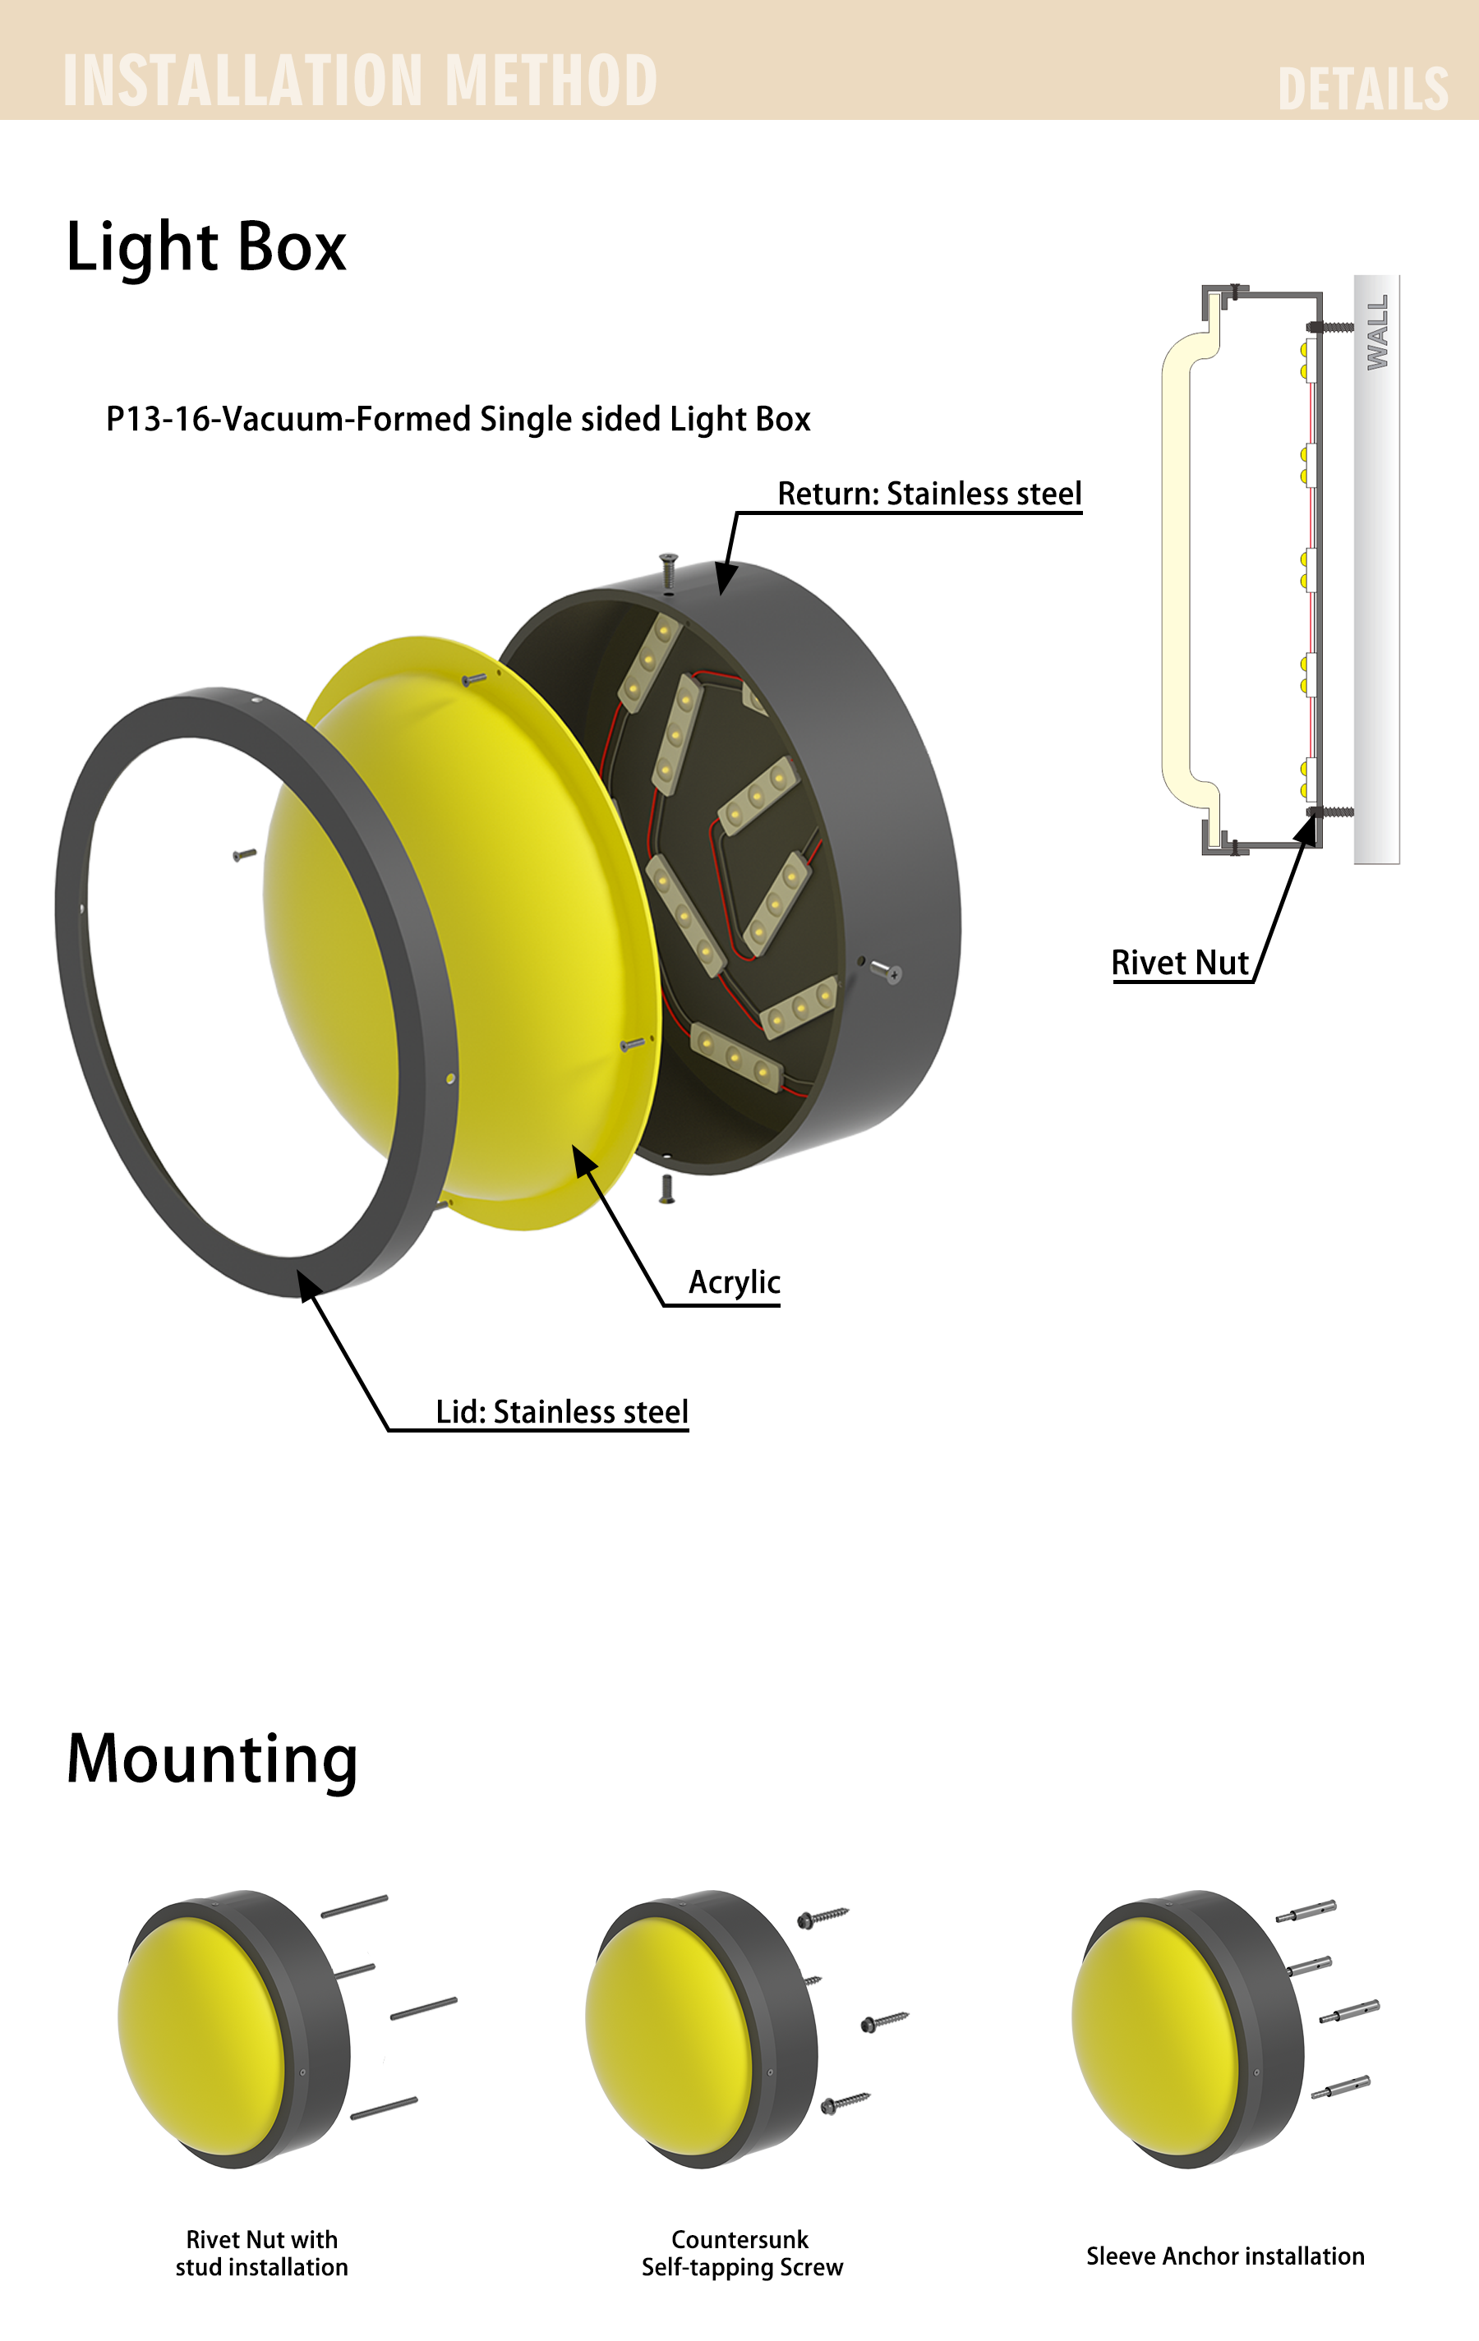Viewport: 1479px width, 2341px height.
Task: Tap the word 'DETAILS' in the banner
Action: click(1362, 90)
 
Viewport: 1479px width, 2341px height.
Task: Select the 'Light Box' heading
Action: click(206, 247)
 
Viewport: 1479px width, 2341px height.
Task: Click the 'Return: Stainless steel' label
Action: click(929, 494)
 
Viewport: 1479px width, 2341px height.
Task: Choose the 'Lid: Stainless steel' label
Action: click(562, 1412)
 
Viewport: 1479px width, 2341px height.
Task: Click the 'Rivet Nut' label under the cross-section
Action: click(1180, 963)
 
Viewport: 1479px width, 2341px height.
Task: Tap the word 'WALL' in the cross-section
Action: click(1378, 333)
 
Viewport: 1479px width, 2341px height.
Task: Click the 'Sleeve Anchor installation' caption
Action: click(1225, 2256)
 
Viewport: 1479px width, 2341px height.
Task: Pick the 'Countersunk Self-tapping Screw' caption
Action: click(742, 2252)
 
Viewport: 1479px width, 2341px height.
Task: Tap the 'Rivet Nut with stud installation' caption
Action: click(261, 2252)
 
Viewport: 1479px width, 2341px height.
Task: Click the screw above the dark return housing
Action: click(668, 571)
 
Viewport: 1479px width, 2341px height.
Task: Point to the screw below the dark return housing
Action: click(667, 1189)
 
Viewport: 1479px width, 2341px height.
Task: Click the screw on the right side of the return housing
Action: click(886, 969)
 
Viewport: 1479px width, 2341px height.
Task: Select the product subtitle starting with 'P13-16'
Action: click(458, 419)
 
